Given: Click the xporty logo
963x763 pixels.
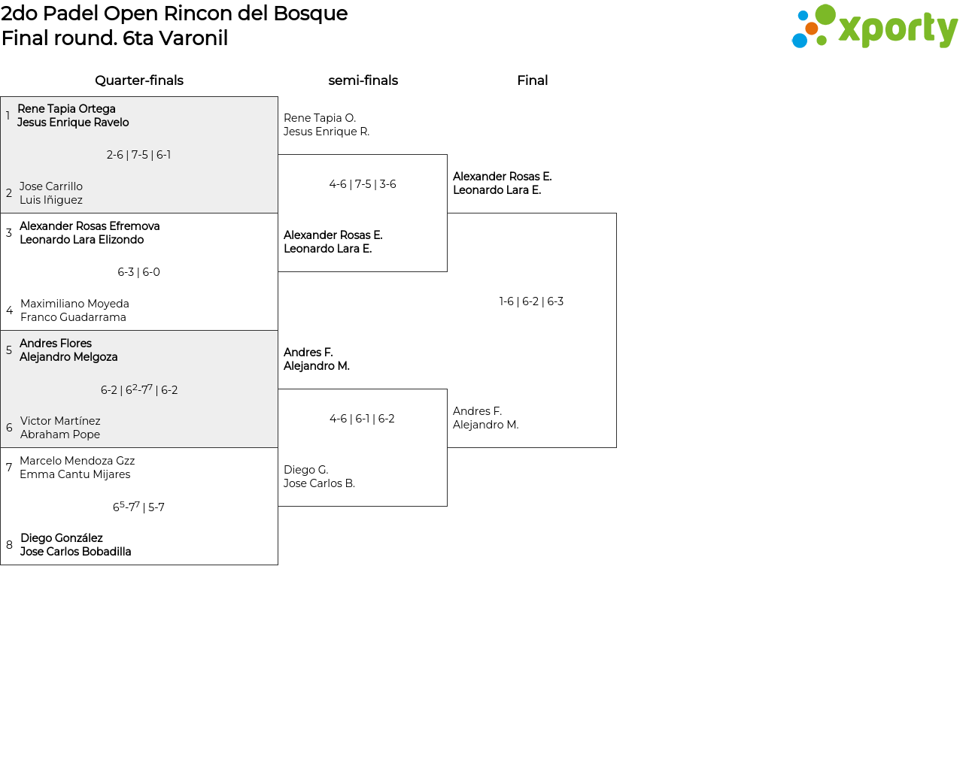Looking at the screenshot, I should tap(874, 27).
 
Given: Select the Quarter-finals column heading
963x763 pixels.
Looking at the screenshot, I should tap(139, 80).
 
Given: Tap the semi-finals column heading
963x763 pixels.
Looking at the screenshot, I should tap(363, 80).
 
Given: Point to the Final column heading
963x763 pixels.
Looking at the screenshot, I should tap(532, 80).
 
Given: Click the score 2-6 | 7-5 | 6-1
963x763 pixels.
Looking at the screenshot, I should tap(138, 155).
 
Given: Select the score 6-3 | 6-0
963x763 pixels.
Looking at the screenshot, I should tap(138, 272).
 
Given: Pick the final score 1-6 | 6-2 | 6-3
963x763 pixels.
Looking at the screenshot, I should tap(531, 301).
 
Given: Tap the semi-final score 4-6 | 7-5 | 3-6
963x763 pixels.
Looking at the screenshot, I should tap(363, 184).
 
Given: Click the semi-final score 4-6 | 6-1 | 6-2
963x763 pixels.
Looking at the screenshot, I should tap(362, 419).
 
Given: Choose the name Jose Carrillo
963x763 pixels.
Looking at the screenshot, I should tap(51, 186).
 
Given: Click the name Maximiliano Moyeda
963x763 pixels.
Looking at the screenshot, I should tap(74, 304).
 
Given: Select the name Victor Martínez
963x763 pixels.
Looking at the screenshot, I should tap(60, 421).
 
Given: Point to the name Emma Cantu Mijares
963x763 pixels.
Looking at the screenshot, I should tap(75, 474).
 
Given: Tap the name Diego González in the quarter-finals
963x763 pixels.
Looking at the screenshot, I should tap(62, 538).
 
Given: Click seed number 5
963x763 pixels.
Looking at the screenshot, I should tap(9, 350).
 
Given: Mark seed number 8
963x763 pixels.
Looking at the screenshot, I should tap(9, 545).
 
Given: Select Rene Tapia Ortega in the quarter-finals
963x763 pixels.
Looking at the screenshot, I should tap(66, 109).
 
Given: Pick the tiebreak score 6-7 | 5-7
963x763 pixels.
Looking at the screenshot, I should tap(138, 507).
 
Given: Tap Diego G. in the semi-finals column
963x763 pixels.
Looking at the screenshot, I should tap(306, 470).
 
